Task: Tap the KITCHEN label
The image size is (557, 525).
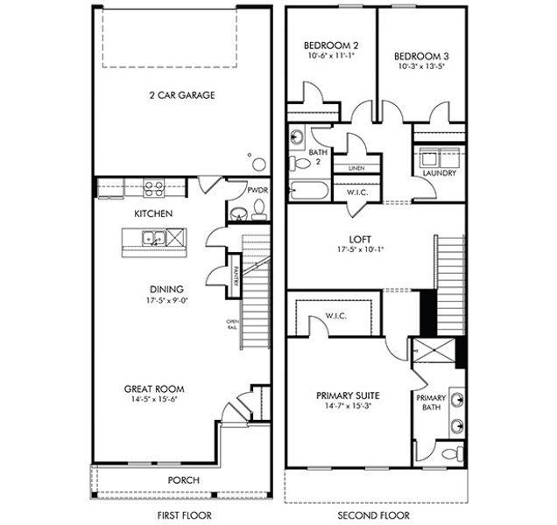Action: pos(152,213)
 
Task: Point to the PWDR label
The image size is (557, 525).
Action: pos(257,190)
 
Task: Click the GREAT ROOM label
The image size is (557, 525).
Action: pos(153,388)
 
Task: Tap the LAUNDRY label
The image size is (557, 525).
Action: pos(439,173)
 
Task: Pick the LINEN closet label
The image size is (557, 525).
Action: pos(356,168)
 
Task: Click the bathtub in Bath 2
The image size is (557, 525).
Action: pos(308,192)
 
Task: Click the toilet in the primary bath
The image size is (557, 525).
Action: pos(449,453)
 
